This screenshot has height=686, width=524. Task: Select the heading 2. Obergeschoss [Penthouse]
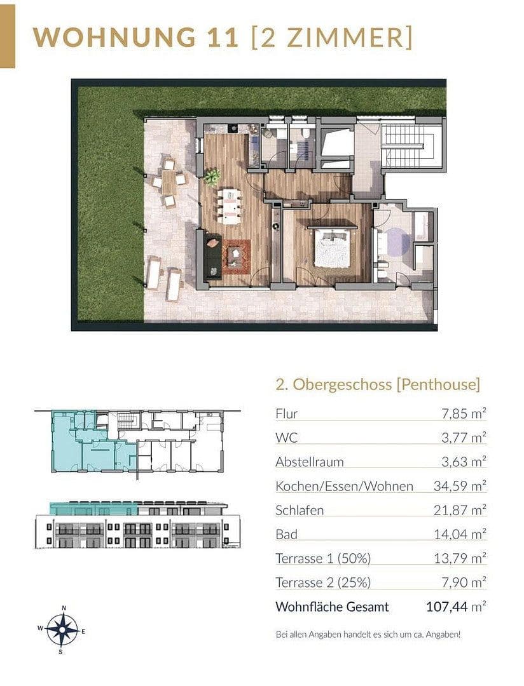point(378,384)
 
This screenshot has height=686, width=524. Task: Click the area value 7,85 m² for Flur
point(464,414)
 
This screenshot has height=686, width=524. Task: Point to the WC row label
point(286,438)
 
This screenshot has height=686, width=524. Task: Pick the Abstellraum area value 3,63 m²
point(464,462)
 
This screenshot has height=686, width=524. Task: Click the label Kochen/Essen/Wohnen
point(344,487)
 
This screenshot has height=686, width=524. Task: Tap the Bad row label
point(286,535)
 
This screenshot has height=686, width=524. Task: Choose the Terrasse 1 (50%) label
point(323,559)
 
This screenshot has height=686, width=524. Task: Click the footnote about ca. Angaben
point(368,634)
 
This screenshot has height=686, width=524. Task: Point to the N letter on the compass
point(64,609)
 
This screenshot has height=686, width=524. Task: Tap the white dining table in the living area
point(230,206)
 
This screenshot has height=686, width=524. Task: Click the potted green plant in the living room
point(212,175)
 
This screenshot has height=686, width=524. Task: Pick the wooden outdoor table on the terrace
point(169,183)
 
